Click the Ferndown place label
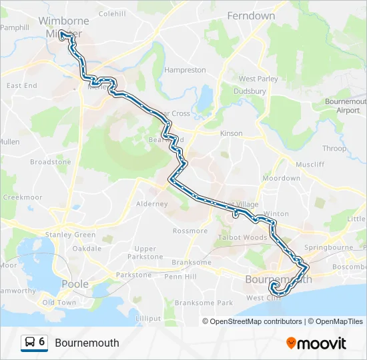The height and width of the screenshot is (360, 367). coord(251,15)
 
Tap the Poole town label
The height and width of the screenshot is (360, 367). coord(75,284)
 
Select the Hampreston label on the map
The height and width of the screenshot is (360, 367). coord(185,70)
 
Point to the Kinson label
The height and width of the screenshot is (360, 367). coord(232,133)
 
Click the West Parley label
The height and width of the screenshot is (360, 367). coord(258,79)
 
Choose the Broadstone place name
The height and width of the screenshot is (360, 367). coord(50,162)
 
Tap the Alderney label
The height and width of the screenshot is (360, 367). coord(151,204)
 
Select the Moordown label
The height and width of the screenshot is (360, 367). coord(281,179)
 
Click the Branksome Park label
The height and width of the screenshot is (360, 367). coord(204,303)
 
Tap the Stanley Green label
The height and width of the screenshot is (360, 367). coord(70,235)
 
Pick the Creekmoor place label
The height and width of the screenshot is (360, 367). coord(23,197)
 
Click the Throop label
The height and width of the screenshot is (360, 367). coord(334,149)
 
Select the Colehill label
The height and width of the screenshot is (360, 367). coord(111,13)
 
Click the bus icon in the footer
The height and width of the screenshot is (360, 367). coord(30,343)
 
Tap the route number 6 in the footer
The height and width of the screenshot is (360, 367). coord(42,342)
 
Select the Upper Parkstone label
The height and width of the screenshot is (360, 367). coord(145,253)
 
